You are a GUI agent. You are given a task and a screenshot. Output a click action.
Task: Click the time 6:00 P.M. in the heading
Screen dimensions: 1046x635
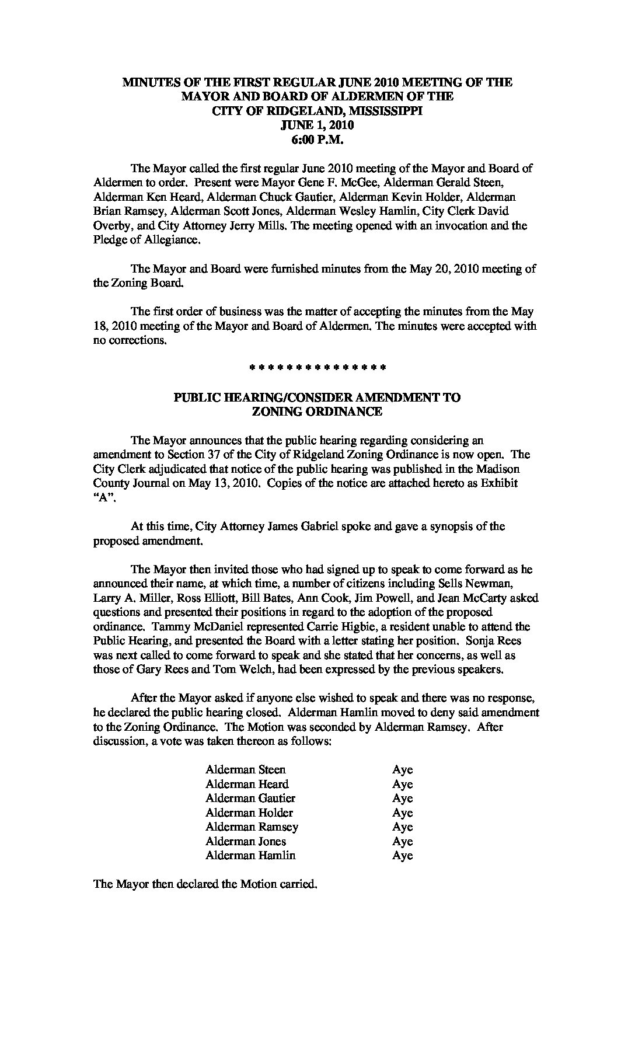point(317,140)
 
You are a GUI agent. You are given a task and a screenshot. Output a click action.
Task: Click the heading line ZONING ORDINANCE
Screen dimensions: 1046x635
point(317,412)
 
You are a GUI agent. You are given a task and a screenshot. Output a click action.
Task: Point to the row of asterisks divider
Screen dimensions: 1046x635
point(317,368)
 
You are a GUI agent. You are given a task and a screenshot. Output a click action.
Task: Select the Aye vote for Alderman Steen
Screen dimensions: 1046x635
point(402,770)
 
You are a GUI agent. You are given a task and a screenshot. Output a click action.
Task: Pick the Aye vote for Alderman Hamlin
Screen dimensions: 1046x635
point(402,856)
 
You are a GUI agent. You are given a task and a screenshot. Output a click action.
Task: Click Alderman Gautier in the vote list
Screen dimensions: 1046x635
point(250,799)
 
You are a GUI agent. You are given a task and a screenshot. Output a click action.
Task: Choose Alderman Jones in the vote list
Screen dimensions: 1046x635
point(246,841)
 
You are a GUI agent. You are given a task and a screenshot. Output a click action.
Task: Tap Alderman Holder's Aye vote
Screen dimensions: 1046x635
point(402,813)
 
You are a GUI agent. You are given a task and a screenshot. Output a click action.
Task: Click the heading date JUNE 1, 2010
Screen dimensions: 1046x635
point(317,125)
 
